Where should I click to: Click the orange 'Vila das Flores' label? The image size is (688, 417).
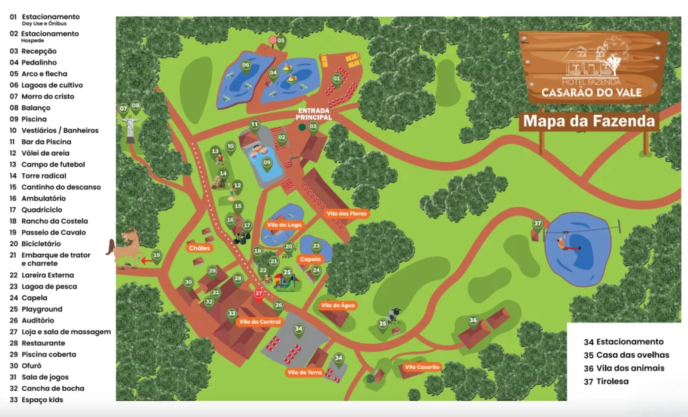click(x=347, y=214)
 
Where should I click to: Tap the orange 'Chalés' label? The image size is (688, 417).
click(x=200, y=248)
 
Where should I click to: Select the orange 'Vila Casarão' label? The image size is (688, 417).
click(x=422, y=367)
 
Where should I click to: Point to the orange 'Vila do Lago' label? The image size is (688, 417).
click(x=285, y=225)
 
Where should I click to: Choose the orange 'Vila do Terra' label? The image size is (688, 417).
click(x=305, y=372)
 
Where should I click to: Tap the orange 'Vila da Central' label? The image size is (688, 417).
click(x=259, y=322)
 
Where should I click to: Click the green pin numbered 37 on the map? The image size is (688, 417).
click(x=537, y=224)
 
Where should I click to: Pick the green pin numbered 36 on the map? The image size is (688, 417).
click(x=473, y=320)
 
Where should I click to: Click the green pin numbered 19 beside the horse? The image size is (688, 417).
click(x=157, y=255)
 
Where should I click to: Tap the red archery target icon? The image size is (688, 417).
click(x=273, y=40)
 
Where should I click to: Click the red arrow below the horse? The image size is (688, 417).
click(x=134, y=265)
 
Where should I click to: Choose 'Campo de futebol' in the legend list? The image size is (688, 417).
click(x=53, y=165)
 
